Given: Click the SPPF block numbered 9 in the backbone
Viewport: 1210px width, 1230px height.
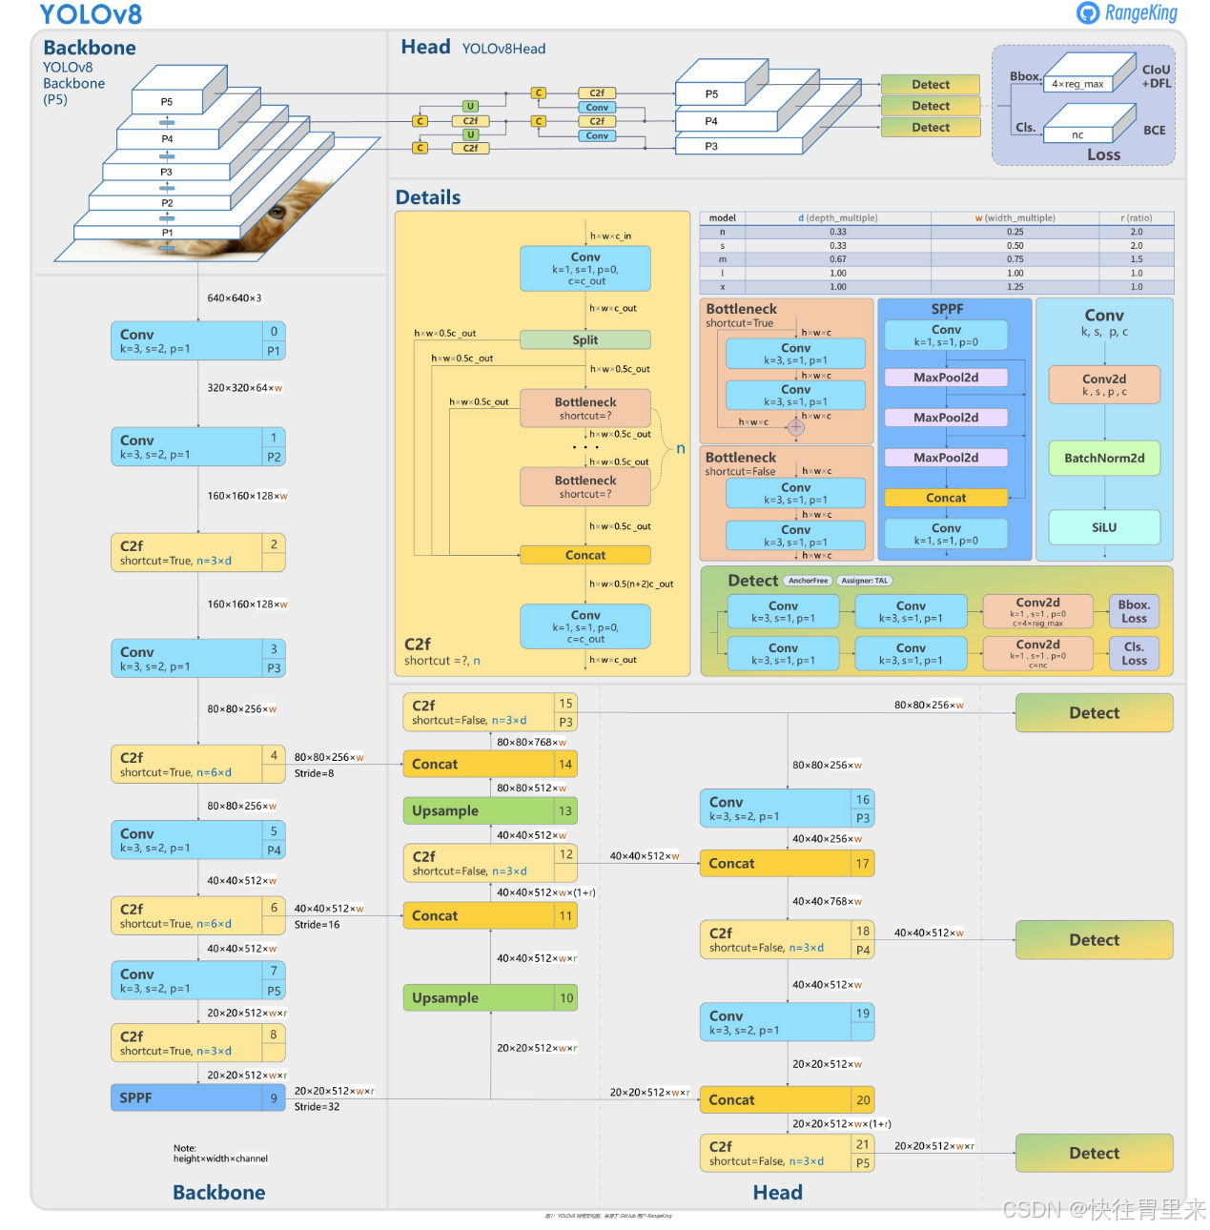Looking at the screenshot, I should point(197,1097).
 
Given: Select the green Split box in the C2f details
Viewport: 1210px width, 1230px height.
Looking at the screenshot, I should point(584,339).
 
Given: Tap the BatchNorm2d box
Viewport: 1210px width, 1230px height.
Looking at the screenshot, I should point(1104,458).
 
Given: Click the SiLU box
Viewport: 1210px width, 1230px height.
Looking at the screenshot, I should point(1104,527).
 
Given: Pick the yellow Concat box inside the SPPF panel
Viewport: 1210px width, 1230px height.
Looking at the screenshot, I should point(946,498).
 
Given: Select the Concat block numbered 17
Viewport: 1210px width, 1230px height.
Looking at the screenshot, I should point(786,863).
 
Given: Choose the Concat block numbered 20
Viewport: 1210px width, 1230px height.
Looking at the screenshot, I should point(786,1099).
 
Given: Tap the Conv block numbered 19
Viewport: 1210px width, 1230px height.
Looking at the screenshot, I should point(786,1022).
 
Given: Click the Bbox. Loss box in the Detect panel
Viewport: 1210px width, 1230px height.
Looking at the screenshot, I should point(1134,611).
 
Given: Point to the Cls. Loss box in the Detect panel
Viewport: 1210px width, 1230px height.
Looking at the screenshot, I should point(1134,653).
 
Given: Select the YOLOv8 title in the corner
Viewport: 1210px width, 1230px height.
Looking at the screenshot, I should point(91,14).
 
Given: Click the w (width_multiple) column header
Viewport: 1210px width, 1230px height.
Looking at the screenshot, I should point(1015,218).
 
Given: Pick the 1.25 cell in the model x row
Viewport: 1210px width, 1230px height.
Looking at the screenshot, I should point(1015,286).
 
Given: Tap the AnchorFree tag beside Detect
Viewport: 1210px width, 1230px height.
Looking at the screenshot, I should point(808,581).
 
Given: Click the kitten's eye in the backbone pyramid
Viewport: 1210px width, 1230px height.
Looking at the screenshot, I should point(277,212).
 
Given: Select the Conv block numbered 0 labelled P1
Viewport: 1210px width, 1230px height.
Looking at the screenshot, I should point(197,340).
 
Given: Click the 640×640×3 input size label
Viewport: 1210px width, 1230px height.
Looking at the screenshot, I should point(235,298).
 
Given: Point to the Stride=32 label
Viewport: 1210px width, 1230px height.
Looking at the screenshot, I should point(317,1107).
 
